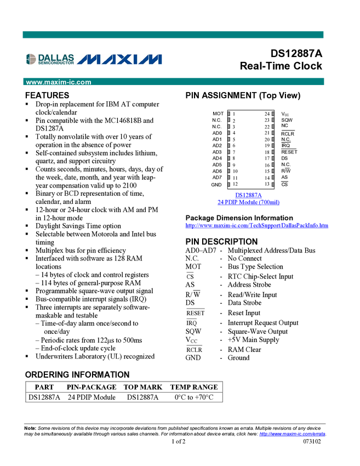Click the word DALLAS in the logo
click(x=56, y=57)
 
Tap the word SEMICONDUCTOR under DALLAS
click(x=55, y=64)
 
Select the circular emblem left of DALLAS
click(x=31, y=59)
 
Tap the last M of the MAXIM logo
click(x=151, y=59)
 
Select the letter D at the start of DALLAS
click(x=41, y=57)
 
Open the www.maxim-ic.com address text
click(x=59, y=82)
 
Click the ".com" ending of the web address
click(x=84, y=82)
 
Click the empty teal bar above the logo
click(x=173, y=35)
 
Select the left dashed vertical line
click(x=229, y=148)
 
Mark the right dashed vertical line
click(x=273, y=148)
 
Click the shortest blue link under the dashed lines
click(x=248, y=195)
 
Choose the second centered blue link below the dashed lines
click(x=248, y=203)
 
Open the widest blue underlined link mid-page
click(x=256, y=225)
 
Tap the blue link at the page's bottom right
click(x=292, y=435)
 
